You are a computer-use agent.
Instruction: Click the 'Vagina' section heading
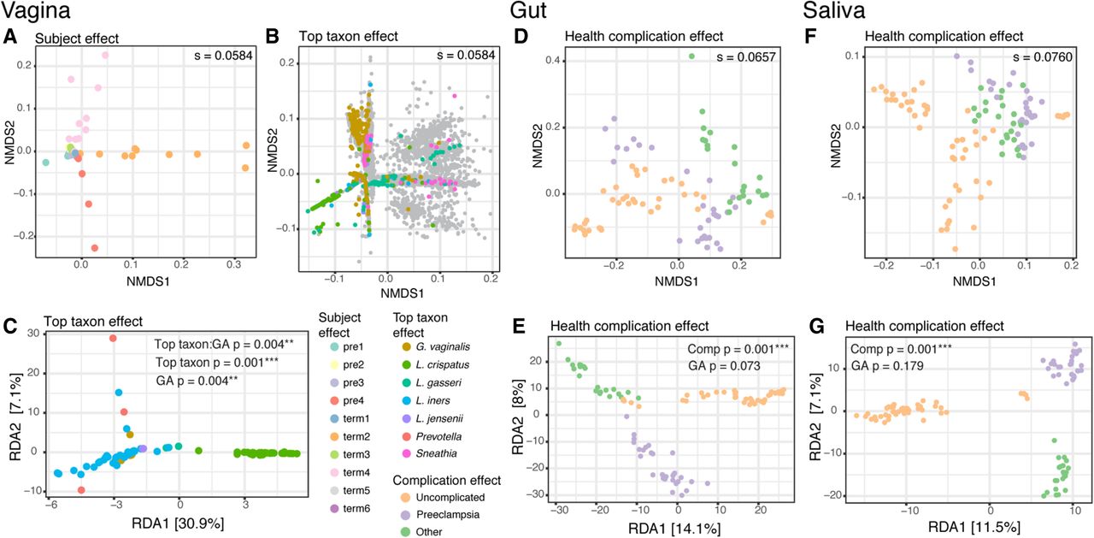click(36, 10)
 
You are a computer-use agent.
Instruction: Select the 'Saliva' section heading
click(835, 10)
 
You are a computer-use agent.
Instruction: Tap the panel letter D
click(521, 37)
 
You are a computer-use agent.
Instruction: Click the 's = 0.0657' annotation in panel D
click(746, 57)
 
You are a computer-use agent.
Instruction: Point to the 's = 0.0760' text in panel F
click(1043, 57)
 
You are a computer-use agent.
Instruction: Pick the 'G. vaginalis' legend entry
click(443, 347)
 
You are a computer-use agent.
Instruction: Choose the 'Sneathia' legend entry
click(436, 453)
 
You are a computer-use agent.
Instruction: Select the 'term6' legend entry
click(356, 509)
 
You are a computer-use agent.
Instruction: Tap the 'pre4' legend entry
click(353, 400)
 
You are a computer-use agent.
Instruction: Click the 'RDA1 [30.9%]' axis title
click(178, 523)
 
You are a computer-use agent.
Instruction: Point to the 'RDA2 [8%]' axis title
click(518, 418)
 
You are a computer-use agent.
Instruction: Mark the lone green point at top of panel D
click(691, 56)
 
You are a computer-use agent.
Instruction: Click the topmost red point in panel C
click(113, 338)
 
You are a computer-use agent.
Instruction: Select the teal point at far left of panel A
click(45, 163)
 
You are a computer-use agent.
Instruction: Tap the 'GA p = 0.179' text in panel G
click(887, 366)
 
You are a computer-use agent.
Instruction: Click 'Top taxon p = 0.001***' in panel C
click(217, 363)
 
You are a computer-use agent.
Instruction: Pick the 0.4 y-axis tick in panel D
click(553, 61)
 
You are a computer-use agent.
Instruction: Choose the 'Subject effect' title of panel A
click(77, 38)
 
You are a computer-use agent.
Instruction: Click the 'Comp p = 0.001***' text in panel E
click(738, 349)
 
